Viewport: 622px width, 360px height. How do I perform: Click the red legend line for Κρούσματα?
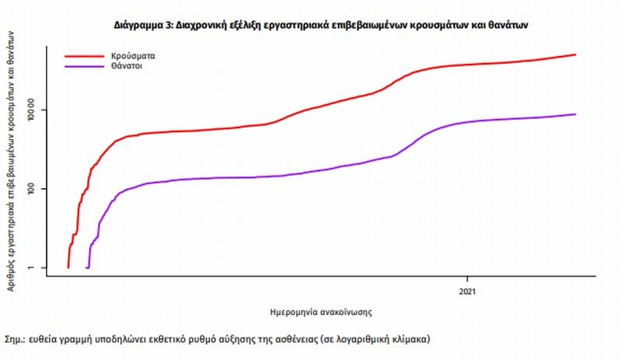(83, 57)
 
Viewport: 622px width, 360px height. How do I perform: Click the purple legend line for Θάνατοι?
(83, 67)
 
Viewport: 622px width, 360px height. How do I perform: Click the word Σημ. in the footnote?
(14, 340)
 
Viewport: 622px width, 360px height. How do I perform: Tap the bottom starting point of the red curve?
(68, 267)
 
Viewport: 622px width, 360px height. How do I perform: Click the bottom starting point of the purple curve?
(87, 267)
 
